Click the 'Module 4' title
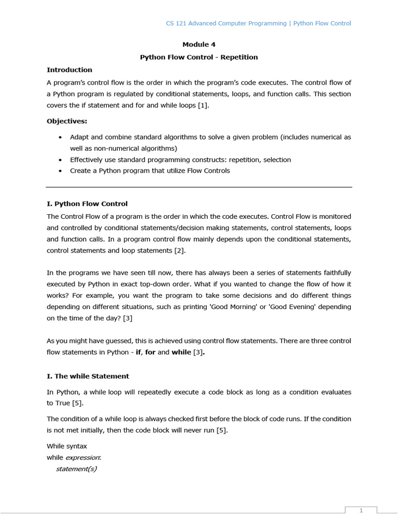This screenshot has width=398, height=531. (198, 45)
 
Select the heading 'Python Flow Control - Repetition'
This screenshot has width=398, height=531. (198, 57)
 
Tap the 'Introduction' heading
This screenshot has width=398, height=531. (69, 69)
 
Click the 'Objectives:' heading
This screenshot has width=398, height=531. (67, 121)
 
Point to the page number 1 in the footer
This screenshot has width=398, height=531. (361, 511)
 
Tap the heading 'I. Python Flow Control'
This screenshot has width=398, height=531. (87, 204)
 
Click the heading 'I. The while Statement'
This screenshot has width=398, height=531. (88, 376)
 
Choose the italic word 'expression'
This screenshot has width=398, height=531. (82, 457)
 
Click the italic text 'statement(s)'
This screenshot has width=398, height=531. (76, 469)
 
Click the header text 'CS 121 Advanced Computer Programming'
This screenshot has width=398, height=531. (226, 23)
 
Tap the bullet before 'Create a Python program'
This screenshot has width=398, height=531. (61, 171)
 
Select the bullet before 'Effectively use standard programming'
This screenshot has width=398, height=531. (61, 160)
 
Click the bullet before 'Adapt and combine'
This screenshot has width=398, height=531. (61, 137)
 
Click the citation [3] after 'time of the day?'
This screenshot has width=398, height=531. (126, 318)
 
